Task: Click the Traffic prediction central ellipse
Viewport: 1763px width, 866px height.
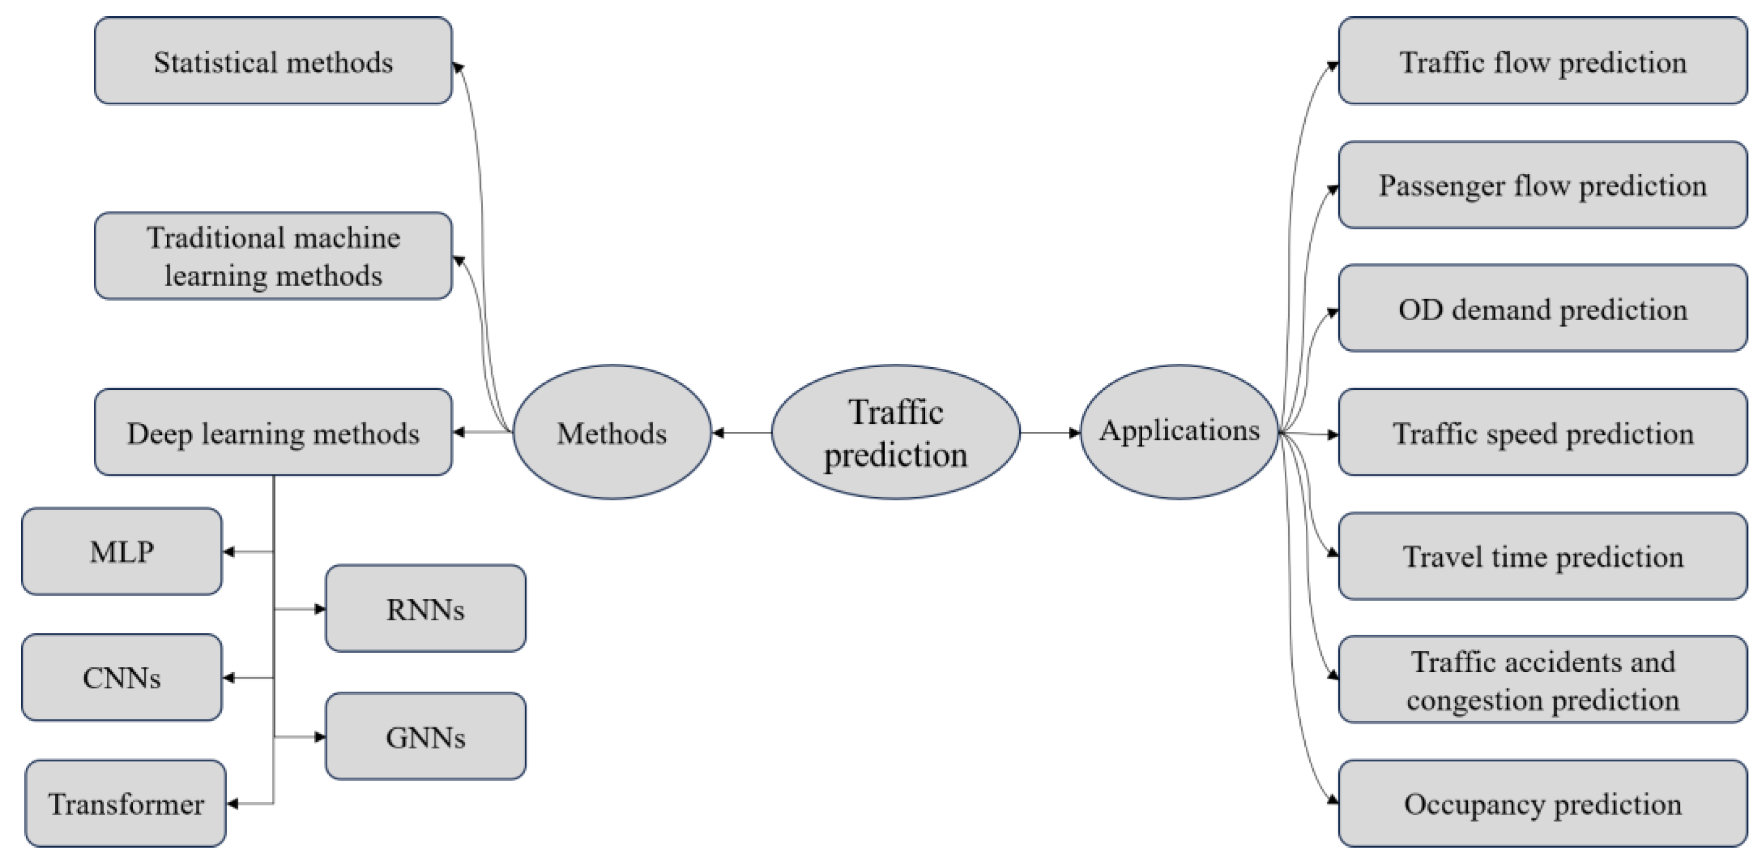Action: click(895, 432)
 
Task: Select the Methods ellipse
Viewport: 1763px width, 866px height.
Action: click(612, 432)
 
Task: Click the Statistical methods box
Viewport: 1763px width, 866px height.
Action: click(273, 61)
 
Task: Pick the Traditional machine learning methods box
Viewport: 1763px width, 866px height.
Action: click(273, 255)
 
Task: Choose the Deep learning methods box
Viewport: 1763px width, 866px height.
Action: click(273, 432)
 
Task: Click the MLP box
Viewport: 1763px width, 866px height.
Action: click(122, 551)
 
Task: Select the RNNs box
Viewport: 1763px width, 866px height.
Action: click(425, 608)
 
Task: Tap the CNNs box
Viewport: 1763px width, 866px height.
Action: click(122, 677)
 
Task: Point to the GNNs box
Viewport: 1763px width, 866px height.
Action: click(425, 736)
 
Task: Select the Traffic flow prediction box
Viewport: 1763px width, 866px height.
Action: click(1543, 61)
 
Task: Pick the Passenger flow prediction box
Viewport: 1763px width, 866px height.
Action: click(1543, 185)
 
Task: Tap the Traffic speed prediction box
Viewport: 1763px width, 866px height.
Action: click(1543, 432)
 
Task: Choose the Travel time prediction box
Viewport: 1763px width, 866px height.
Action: click(1543, 556)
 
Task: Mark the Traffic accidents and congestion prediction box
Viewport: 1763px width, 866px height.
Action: click(1543, 679)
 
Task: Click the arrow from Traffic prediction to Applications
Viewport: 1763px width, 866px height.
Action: click(1050, 432)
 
